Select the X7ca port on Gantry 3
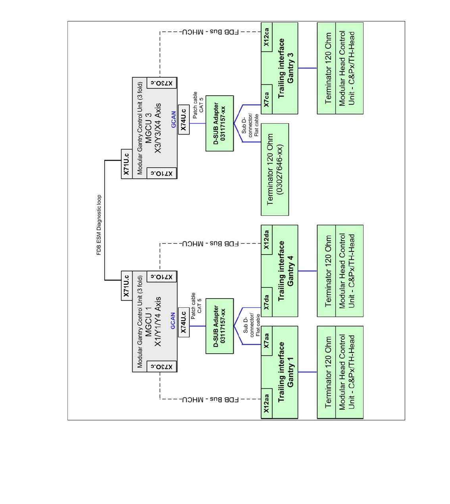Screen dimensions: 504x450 coord(267,100)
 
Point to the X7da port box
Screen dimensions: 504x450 coord(267,302)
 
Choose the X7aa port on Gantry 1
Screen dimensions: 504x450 coord(267,341)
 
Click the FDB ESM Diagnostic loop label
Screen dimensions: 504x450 coord(99,225)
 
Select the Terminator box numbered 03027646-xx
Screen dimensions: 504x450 coord(275,169)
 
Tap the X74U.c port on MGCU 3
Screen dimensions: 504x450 coord(183,119)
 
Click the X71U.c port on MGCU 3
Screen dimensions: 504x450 coord(126,164)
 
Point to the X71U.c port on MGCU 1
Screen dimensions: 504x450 coord(126,286)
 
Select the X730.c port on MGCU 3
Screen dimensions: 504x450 coord(162,83)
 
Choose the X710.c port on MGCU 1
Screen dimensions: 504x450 coord(162,276)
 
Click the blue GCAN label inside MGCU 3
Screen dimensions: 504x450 coord(173,119)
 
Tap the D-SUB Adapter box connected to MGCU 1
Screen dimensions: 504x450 coord(219,326)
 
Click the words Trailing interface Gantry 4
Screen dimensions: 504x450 coord(286,271)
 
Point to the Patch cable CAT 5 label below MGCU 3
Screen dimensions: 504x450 coord(198,105)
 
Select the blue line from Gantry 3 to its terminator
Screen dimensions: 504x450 coord(307,68)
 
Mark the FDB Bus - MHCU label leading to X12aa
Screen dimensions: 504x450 coord(210,399)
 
